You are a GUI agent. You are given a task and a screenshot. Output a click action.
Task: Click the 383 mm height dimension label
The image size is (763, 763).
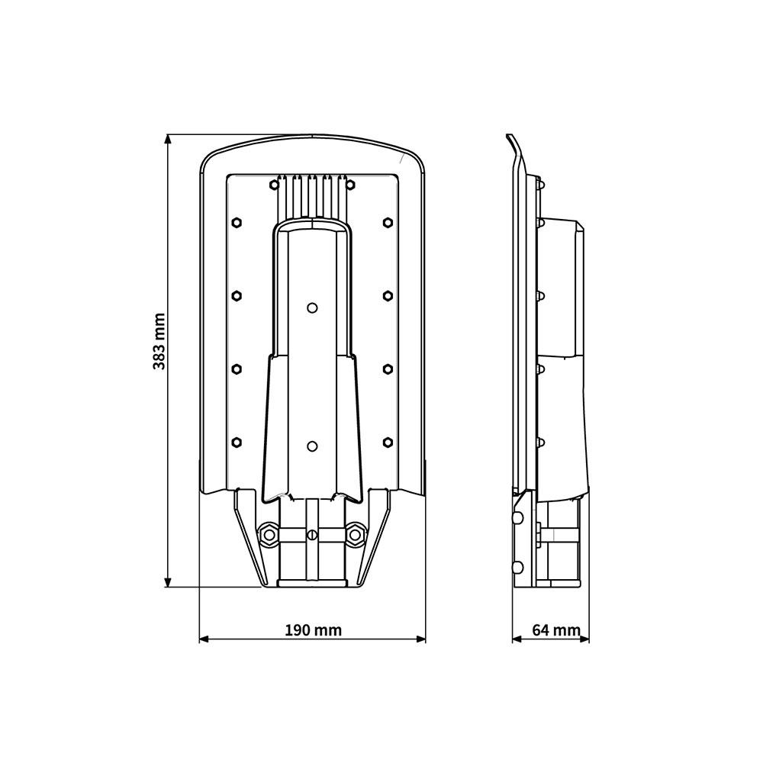[x=159, y=341]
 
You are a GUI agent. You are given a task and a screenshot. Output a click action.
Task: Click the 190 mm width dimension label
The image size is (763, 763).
[x=313, y=630]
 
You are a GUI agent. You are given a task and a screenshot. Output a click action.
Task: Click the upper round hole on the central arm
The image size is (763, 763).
[x=311, y=307]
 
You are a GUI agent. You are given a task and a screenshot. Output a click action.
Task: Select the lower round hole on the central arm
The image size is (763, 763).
[x=311, y=446]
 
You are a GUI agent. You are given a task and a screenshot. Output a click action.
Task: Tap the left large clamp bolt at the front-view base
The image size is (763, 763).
[x=268, y=535]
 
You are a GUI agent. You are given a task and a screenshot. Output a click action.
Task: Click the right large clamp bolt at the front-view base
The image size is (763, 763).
[x=355, y=535]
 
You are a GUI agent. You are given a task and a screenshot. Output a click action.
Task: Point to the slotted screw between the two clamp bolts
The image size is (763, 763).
[x=311, y=535]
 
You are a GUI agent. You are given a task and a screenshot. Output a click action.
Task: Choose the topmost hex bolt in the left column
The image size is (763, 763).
[x=236, y=222]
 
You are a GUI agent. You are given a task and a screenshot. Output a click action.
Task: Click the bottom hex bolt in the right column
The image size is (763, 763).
[x=388, y=442]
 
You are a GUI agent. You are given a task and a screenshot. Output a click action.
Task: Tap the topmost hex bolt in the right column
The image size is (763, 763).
[x=388, y=222]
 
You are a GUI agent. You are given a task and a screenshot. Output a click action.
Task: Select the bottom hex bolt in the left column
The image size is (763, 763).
[x=236, y=442]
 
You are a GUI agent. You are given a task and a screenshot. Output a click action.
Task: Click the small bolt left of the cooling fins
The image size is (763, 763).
[x=274, y=184]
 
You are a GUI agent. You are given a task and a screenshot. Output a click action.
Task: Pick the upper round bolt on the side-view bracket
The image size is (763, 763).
[x=519, y=518]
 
